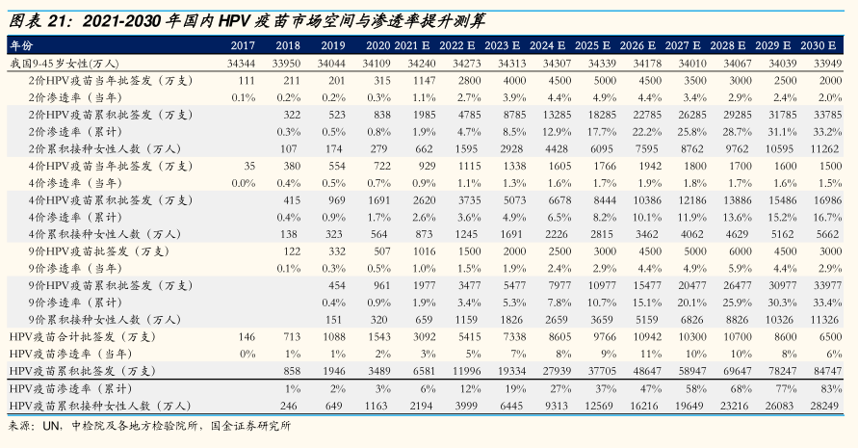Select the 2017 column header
[243, 45]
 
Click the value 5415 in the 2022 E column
[468, 336]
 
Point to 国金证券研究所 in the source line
[247, 425]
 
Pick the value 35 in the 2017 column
[248, 166]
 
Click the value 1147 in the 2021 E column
[426, 80]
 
